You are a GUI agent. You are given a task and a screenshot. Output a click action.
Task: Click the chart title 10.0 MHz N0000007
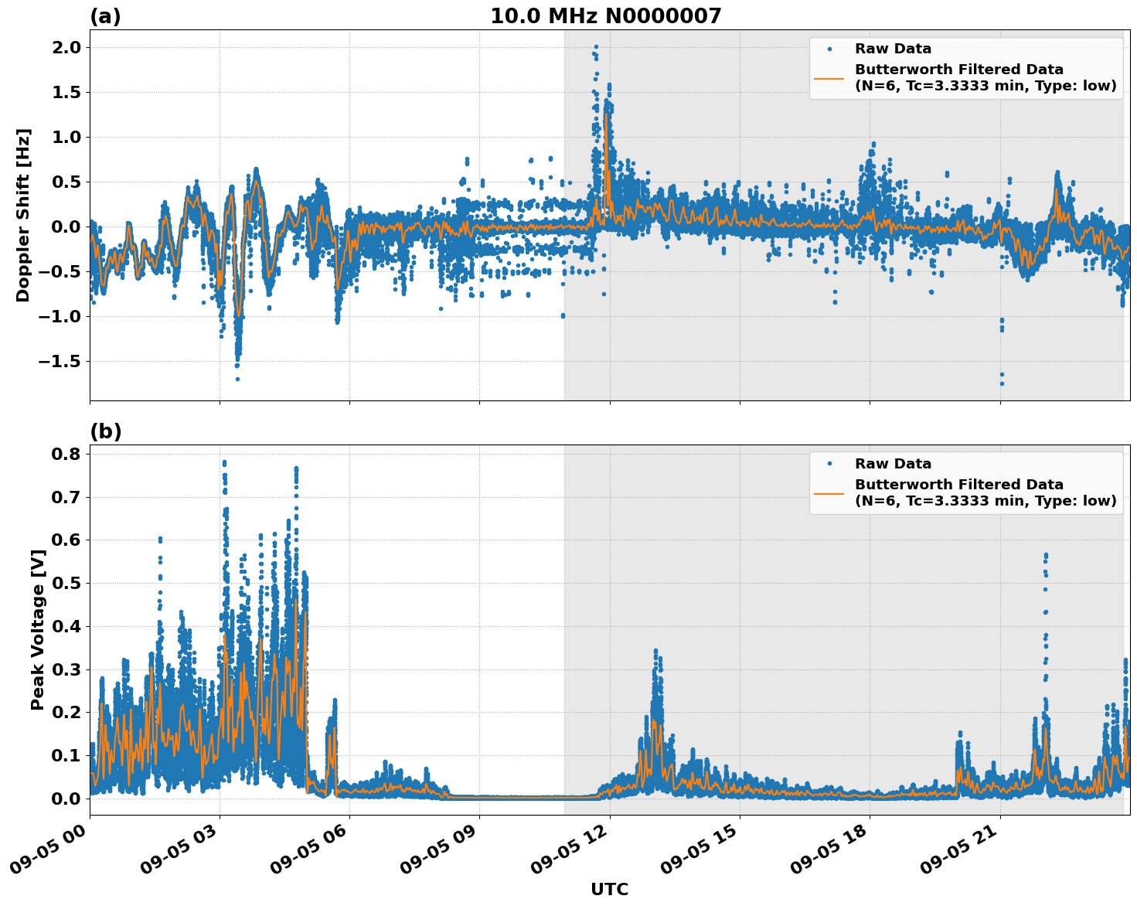pos(605,16)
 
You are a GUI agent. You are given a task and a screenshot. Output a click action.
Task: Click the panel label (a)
pos(105,16)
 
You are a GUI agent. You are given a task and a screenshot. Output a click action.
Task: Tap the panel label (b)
pos(105,431)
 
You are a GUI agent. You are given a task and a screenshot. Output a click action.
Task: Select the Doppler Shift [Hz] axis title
pos(23,215)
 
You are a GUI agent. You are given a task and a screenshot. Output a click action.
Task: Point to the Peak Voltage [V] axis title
pos(37,629)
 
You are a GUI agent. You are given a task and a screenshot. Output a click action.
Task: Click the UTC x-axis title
pos(609,889)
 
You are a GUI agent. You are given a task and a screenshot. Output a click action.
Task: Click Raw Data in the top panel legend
pos(893,49)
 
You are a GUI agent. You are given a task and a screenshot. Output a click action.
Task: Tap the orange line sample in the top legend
pos(829,78)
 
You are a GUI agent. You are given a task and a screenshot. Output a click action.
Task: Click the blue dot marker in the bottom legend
pos(829,464)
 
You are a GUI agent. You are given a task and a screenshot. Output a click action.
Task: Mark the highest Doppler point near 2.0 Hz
pos(596,47)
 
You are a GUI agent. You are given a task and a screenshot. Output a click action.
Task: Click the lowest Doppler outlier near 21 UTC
pos(1002,383)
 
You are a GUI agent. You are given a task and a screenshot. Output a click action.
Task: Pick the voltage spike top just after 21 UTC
pos(1046,555)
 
